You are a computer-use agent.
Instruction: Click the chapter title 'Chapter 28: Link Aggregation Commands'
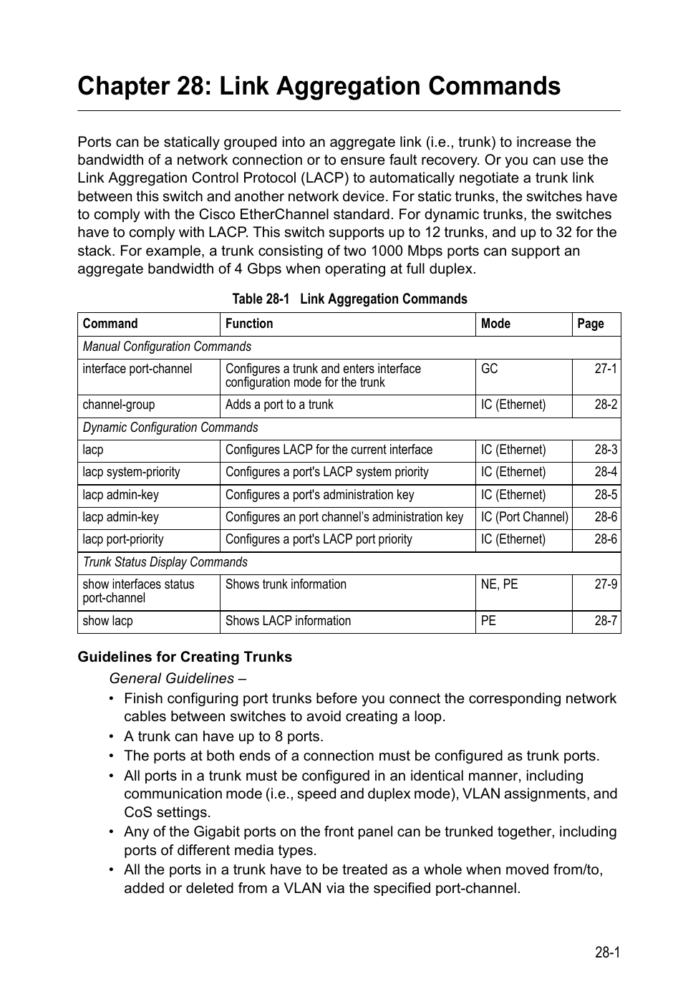pos(319,86)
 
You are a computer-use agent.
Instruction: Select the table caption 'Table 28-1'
pos(260,299)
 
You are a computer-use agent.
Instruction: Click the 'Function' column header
pos(249,324)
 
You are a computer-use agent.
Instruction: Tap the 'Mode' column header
pos(495,324)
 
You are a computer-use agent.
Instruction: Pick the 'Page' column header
pos(591,324)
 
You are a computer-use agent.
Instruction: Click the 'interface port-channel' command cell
pos(137,369)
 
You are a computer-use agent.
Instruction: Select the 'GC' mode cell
pos(490,369)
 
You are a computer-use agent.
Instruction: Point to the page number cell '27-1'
pos(605,369)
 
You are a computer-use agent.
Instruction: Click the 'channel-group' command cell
pos(119,405)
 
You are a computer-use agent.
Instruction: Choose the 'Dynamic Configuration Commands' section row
pos(170,428)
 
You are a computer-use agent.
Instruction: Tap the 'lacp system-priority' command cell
pos(131,472)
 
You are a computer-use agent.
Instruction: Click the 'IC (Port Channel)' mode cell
pos(524,517)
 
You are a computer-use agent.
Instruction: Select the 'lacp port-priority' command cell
pos(123,539)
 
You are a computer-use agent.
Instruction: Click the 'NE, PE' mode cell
pos(499,584)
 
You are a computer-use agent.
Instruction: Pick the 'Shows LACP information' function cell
pos(288,621)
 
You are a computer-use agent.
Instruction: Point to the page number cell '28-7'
pos(605,621)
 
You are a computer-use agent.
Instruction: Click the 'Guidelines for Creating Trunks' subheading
pos(185,657)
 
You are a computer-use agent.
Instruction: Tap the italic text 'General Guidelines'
pos(172,678)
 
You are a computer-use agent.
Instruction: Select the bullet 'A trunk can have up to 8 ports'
pos(223,736)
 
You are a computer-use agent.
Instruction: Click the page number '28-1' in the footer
pos(606,952)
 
